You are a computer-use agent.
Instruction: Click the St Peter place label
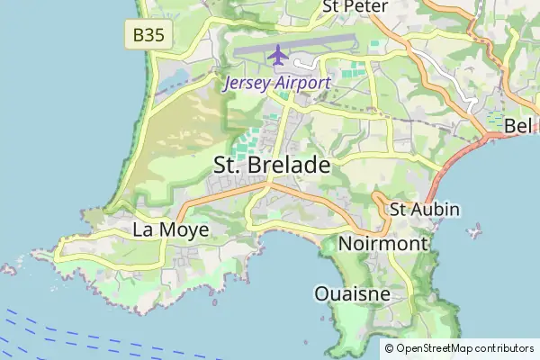(x=355, y=7)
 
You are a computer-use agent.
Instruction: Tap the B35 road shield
(x=148, y=35)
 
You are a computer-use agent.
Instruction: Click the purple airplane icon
(x=277, y=55)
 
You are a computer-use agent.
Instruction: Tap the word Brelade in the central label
(x=291, y=166)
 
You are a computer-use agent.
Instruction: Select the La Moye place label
(x=171, y=230)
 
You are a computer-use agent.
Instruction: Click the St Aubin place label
(x=424, y=210)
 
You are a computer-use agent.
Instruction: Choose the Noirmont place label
(x=383, y=244)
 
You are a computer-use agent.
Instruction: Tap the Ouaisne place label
(x=352, y=293)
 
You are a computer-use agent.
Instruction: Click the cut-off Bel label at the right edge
(x=519, y=125)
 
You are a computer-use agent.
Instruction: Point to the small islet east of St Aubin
(x=474, y=233)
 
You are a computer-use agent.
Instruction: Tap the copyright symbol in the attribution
(x=390, y=348)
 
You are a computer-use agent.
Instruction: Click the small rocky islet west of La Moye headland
(x=8, y=268)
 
